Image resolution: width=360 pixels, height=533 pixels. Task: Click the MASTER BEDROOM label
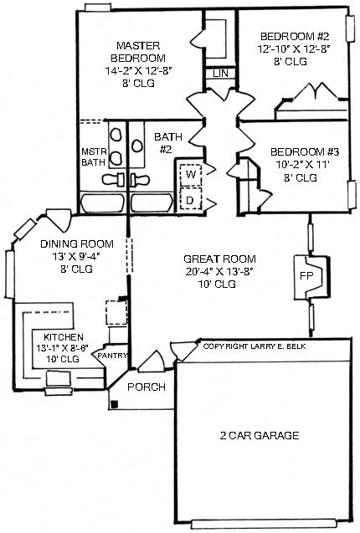coord(138,51)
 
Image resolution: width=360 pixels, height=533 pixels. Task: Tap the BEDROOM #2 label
coord(293,36)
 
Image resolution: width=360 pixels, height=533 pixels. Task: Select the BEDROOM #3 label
coord(304,152)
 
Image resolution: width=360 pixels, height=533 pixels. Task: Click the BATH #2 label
coord(163,143)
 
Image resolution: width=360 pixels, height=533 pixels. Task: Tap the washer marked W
coord(191,173)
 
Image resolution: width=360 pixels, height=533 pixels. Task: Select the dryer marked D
coord(191,201)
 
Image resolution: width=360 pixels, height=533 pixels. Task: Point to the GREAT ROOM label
coord(220,259)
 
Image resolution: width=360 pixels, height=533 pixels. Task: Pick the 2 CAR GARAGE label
coord(260,437)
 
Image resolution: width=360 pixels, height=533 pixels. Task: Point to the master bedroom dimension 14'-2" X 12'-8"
coord(138,71)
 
